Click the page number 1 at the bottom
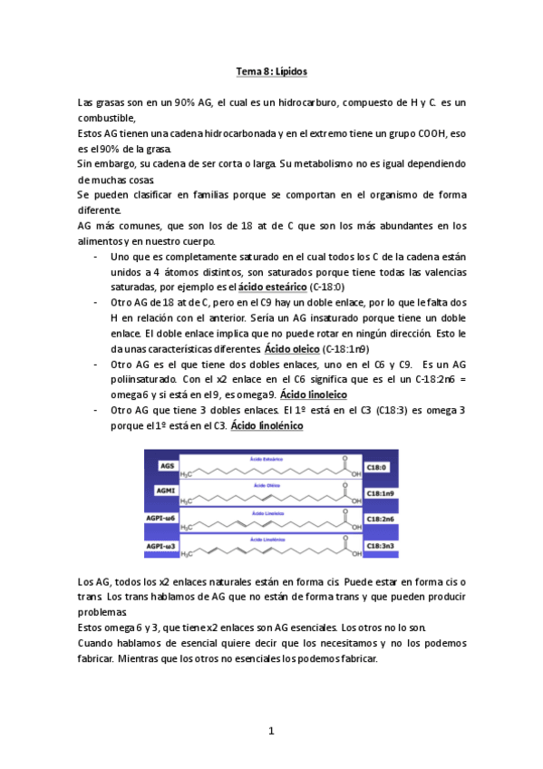(x=270, y=731)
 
